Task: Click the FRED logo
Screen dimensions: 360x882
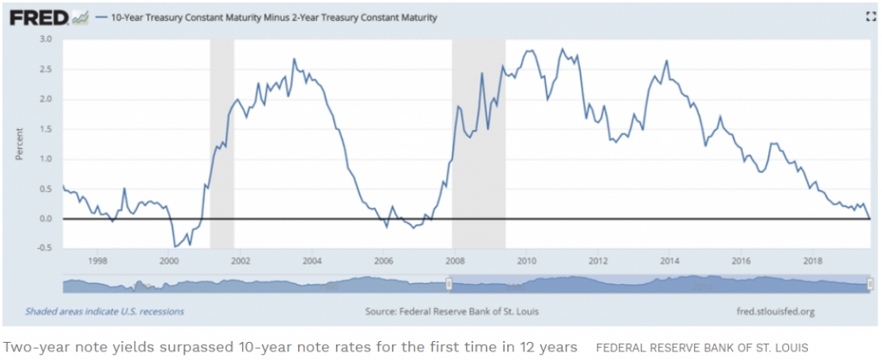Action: (34, 16)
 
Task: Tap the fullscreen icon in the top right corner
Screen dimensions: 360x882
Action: (870, 16)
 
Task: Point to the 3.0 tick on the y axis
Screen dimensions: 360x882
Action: (45, 40)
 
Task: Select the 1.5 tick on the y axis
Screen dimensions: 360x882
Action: (45, 129)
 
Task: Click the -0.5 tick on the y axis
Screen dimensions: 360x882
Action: (43, 249)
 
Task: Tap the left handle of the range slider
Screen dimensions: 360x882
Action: (449, 284)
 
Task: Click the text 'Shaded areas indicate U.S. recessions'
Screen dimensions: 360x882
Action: (104, 312)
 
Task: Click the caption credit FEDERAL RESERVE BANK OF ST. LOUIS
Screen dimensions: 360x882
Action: (702, 347)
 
